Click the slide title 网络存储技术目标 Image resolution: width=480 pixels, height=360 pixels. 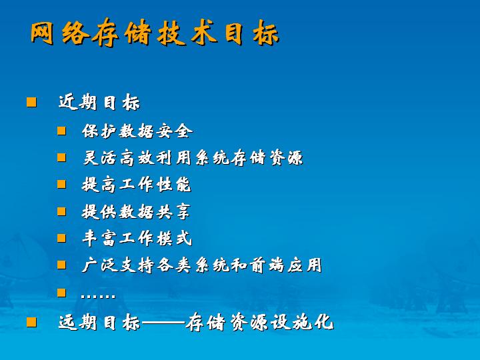click(x=155, y=33)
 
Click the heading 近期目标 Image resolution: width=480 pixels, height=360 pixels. click(x=99, y=102)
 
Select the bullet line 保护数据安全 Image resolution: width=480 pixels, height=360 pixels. click(x=137, y=131)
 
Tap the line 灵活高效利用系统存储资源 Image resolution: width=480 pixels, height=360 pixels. click(x=193, y=157)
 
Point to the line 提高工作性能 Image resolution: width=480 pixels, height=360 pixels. click(x=137, y=184)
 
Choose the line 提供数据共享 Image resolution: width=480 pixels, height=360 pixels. click(x=136, y=211)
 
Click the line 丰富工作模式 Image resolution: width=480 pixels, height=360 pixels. click(x=137, y=238)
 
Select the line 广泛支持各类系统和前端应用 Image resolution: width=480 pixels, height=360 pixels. click(x=202, y=265)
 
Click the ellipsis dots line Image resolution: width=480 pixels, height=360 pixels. click(x=98, y=295)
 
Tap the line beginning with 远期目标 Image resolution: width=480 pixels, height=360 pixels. click(x=196, y=322)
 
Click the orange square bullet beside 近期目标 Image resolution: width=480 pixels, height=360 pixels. click(x=31, y=102)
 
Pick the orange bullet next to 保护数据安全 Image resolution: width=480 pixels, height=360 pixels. click(x=61, y=131)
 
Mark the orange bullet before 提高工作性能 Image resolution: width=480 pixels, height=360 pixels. click(x=61, y=184)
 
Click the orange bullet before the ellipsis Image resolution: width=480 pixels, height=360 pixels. click(x=61, y=293)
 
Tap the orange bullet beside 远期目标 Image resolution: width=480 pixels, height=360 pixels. click(x=31, y=322)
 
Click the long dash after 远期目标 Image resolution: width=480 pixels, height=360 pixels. click(x=163, y=323)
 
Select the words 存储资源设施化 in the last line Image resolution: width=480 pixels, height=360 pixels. click(x=259, y=322)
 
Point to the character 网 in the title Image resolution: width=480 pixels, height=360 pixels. click(x=42, y=33)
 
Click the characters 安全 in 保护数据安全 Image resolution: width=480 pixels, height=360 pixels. click(x=175, y=131)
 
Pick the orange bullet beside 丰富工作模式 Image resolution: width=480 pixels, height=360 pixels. click(x=61, y=238)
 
